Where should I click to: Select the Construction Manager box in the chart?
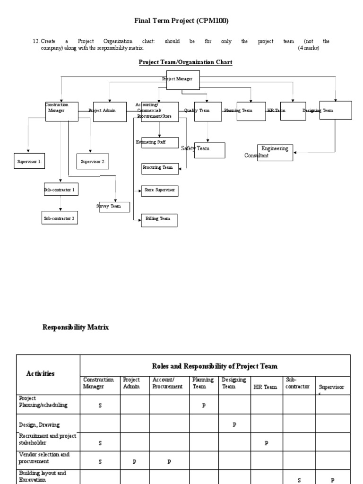coord(61,111)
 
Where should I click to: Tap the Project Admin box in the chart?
coord(110,111)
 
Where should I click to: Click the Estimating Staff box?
coord(160,142)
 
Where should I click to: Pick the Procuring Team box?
coord(160,168)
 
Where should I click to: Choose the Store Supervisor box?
coord(160,190)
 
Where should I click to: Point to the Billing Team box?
coord(159,220)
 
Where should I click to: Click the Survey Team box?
coord(114,207)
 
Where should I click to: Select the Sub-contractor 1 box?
coord(60,190)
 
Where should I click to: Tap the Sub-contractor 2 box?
coord(60,219)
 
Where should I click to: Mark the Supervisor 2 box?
coord(93,162)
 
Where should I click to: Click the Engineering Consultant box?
coord(275,152)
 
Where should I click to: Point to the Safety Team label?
coord(196,148)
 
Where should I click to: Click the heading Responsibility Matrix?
coord(76,327)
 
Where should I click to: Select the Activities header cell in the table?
coord(40,373)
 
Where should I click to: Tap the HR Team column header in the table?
coord(267,387)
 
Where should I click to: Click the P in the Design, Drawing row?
coord(234,424)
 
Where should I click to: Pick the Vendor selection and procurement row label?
coord(44,458)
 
